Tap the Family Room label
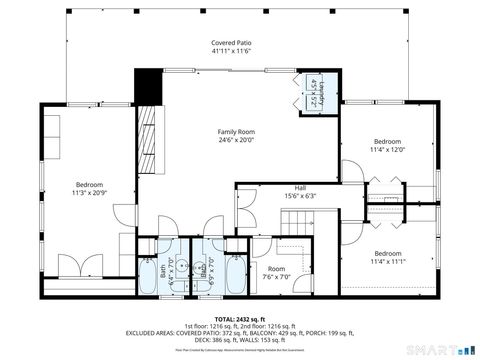(238, 132)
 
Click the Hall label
(300, 187)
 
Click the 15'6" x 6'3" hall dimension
(300, 196)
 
